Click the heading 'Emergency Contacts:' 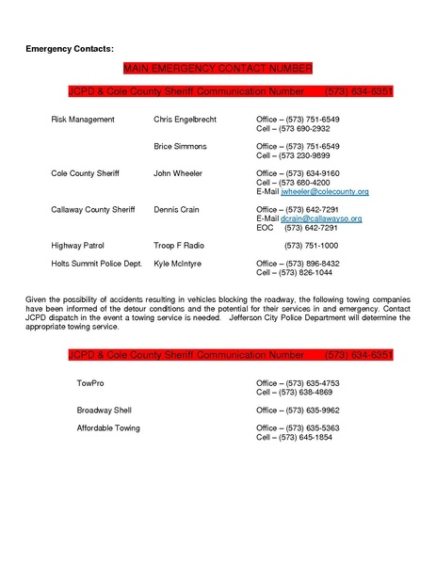[x=69, y=46]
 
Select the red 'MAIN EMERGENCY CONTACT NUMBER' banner [x=218, y=71]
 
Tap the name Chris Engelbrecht [x=185, y=121]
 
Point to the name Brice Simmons [x=180, y=147]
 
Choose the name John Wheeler [x=179, y=174]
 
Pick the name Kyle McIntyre [x=178, y=264]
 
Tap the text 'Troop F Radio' [x=179, y=244]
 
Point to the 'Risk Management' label [x=83, y=121]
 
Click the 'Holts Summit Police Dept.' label [x=96, y=264]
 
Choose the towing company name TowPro [x=91, y=384]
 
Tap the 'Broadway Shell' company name [x=104, y=411]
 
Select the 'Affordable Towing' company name [x=108, y=428]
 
